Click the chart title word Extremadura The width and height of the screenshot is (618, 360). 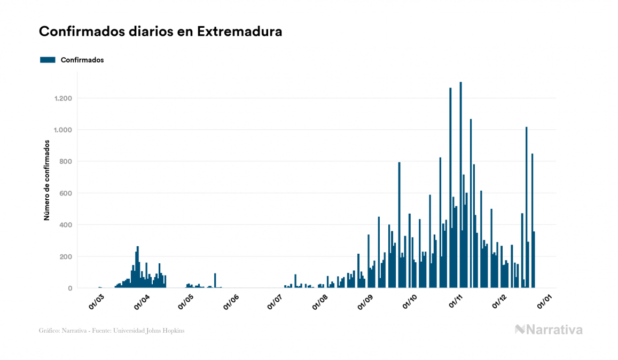[x=239, y=32]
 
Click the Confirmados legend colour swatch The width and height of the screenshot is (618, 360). [x=48, y=60]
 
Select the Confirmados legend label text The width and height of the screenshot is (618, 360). [x=82, y=60]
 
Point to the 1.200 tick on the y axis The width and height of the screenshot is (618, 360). [x=63, y=98]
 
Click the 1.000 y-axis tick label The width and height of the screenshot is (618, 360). [x=63, y=130]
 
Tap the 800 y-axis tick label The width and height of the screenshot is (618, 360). [x=66, y=161]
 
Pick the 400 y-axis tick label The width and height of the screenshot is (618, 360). [x=66, y=225]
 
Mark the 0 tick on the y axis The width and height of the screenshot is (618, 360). [x=70, y=288]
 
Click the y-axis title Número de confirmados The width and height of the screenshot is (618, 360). [x=46, y=181]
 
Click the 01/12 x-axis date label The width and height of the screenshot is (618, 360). [x=499, y=302]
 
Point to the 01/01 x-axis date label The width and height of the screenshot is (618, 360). [x=544, y=302]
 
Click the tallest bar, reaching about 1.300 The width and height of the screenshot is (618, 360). [x=461, y=187]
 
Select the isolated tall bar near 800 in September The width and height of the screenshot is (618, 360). [x=399, y=224]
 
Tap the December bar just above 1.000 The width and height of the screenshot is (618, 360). [x=527, y=208]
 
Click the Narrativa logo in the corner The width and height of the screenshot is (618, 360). [x=549, y=330]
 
